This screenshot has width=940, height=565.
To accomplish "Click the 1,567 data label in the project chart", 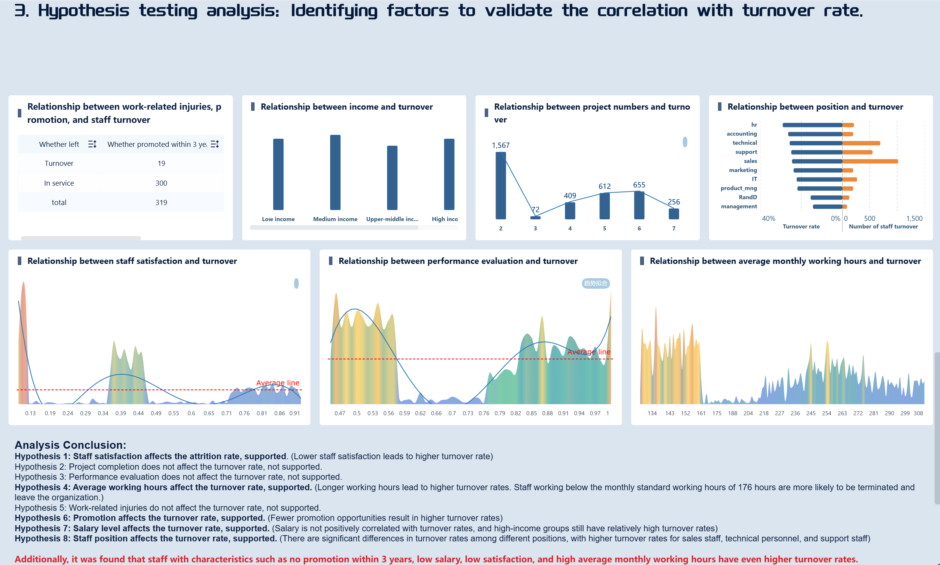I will click(x=501, y=145).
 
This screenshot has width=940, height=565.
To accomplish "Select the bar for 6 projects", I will click(x=639, y=205).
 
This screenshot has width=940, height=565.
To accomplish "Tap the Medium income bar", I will click(x=335, y=172).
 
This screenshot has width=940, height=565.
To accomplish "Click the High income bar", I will click(x=449, y=174).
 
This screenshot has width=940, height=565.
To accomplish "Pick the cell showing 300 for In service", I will click(x=161, y=183).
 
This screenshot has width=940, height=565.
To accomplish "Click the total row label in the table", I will click(x=59, y=202).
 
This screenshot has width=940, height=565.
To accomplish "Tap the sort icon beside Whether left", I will click(x=92, y=144).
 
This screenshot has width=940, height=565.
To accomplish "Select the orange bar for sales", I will click(x=870, y=161).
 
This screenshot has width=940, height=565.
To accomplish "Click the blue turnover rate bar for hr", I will click(x=812, y=125).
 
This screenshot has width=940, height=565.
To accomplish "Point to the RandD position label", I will click(x=747, y=197).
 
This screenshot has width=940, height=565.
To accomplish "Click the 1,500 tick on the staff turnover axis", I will click(x=914, y=219).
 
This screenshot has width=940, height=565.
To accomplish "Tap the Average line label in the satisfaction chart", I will click(x=277, y=383).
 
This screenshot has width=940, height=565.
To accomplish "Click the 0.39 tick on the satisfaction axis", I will click(x=121, y=413).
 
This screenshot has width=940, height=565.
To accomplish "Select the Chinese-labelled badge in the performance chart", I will click(x=596, y=283).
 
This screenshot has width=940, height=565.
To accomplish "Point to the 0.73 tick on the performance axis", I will click(x=468, y=413).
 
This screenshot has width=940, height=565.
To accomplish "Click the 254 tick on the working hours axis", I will click(x=826, y=413).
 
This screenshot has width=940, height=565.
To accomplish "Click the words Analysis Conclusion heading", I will click(x=70, y=445).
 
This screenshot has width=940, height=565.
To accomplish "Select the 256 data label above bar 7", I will click(x=673, y=202).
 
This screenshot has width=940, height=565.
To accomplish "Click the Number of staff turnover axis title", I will click(x=883, y=227).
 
